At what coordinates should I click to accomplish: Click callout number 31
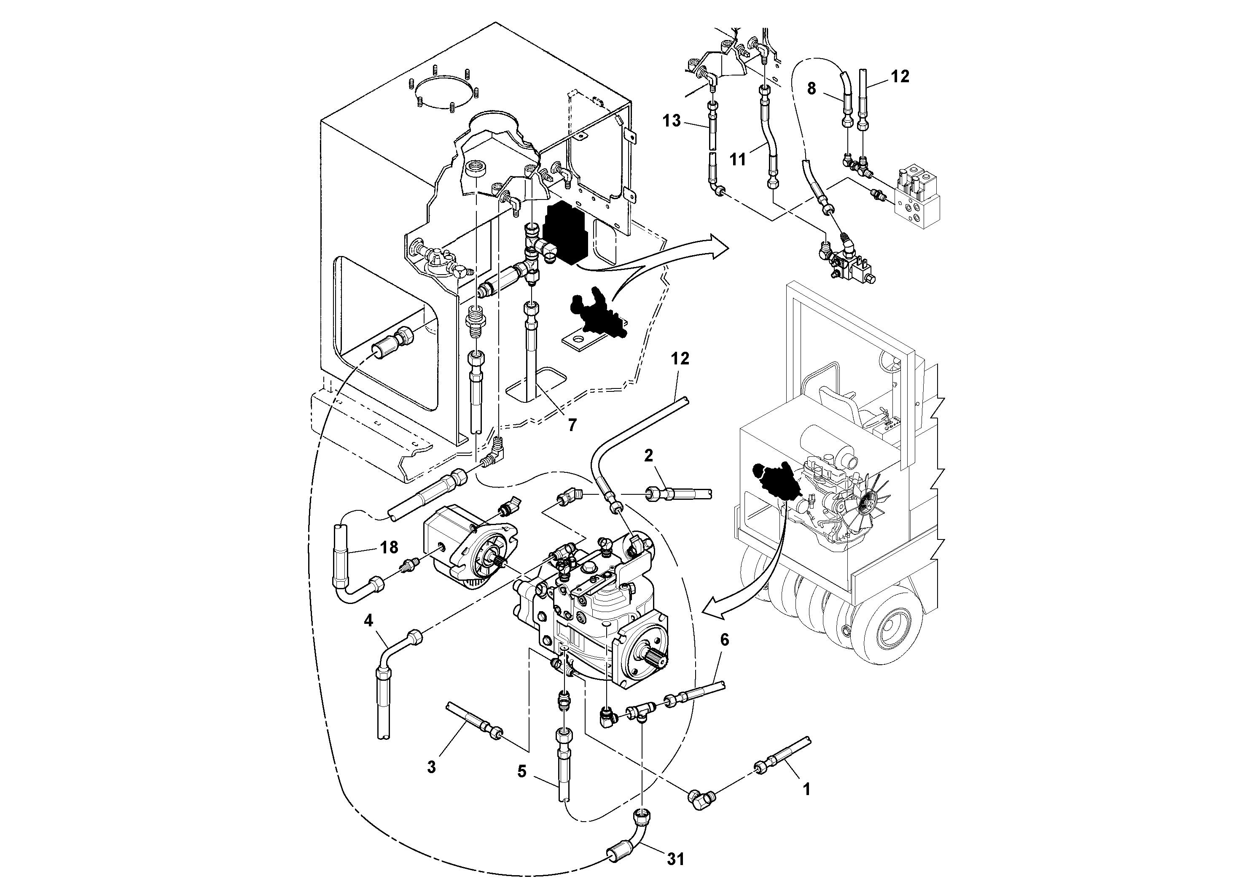coord(676,859)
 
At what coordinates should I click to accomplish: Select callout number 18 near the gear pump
coord(389,547)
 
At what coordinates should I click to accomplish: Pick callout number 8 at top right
coord(811,89)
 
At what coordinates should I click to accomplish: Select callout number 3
coord(431,767)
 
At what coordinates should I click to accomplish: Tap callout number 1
coord(806,789)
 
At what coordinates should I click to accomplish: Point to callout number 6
coord(724,640)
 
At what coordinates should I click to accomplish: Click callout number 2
coord(648,456)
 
